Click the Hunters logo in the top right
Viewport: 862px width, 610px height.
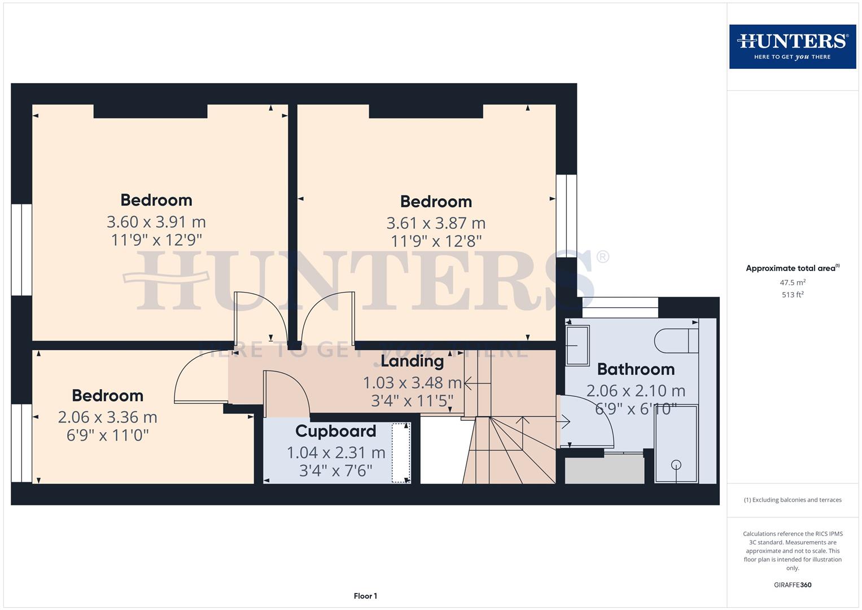(792, 46)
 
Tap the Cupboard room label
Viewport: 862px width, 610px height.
(335, 431)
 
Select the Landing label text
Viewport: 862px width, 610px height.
(412, 361)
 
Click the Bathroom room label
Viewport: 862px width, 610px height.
(636, 369)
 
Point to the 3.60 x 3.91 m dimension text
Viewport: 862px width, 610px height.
(156, 221)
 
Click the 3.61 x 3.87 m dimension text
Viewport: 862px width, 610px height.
(436, 223)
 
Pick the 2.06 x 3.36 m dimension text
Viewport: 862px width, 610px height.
(107, 417)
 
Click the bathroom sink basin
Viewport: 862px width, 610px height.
(577, 345)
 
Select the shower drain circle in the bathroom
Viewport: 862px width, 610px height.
(676, 465)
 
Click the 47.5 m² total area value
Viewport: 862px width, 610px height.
(792, 282)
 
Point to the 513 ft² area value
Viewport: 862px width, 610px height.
(792, 295)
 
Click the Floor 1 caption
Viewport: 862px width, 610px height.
(365, 596)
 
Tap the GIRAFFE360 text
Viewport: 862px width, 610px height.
(792, 585)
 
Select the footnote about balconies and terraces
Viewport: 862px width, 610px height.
(792, 500)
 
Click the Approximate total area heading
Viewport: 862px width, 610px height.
(792, 268)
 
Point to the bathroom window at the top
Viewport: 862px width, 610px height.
(620, 308)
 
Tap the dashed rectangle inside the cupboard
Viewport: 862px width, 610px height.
(401, 453)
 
